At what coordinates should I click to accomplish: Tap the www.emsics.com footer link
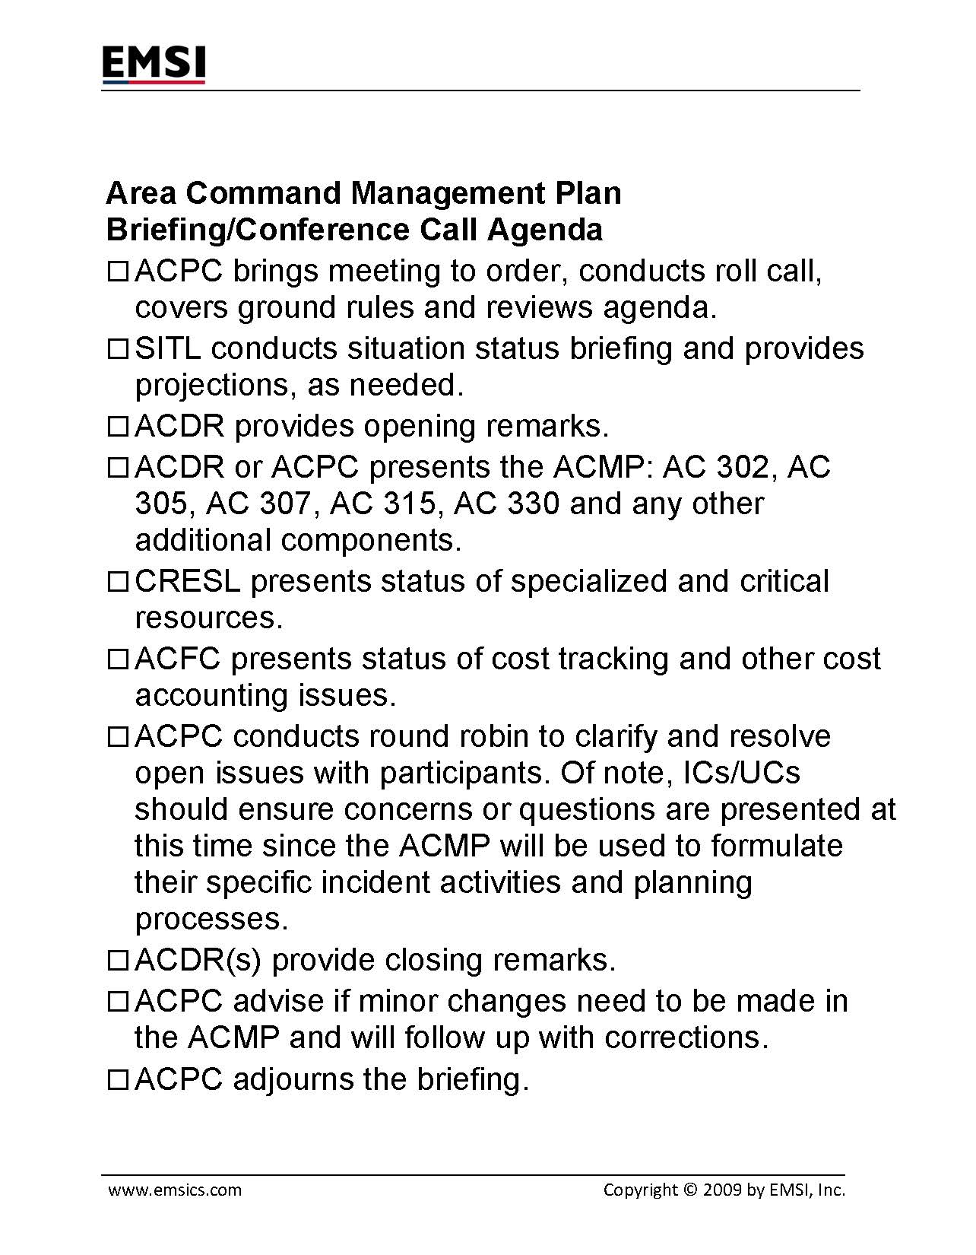point(175,1190)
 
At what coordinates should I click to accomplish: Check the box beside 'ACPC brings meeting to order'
point(119,272)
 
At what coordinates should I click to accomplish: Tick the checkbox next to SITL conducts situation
point(119,349)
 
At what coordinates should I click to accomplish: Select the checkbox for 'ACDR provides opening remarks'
point(119,427)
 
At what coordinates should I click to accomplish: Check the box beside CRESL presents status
point(119,582)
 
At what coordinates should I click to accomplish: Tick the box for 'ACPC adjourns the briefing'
point(119,1080)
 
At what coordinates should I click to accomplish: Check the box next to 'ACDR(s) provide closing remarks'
point(119,961)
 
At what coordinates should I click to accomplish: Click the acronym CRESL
point(188,581)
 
